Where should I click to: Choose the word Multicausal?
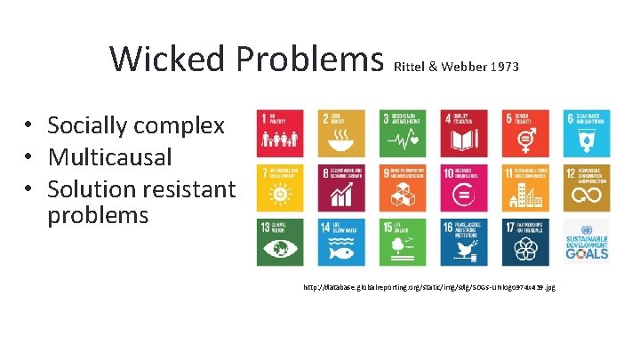click(x=109, y=157)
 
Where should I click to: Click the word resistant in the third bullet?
click(x=188, y=189)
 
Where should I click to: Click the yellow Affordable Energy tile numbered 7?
click(x=280, y=188)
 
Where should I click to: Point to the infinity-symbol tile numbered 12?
click(x=586, y=188)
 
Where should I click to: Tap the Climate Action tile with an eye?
click(x=280, y=242)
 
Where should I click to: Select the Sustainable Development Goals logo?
click(x=586, y=242)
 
